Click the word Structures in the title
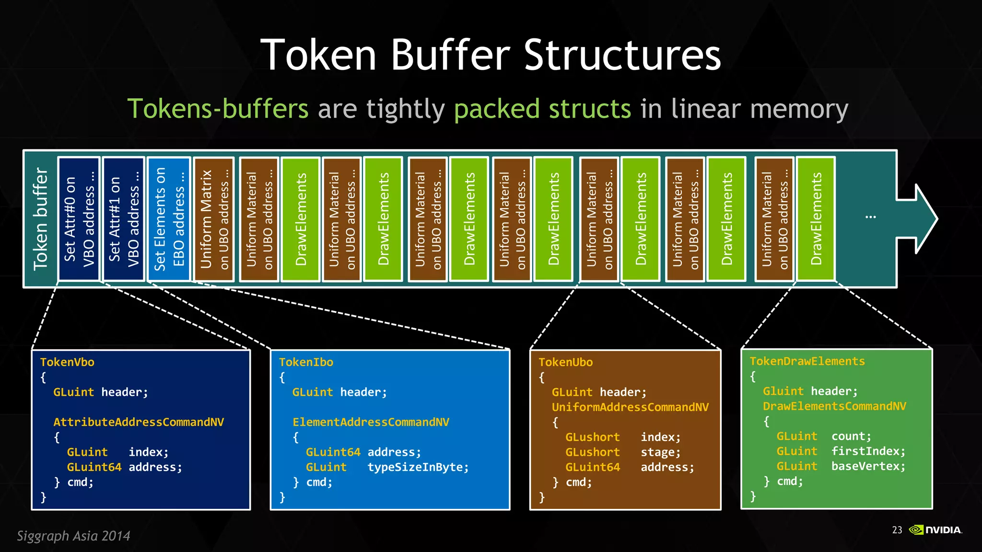(622, 55)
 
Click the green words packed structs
(542, 109)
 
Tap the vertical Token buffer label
(40, 219)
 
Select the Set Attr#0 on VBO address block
(79, 219)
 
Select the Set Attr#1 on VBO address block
(124, 219)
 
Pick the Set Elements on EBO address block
(169, 219)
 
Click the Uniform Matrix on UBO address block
(214, 219)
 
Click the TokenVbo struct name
(67, 362)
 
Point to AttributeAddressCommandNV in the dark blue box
(139, 422)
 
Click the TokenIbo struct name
(306, 362)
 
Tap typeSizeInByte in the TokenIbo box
(417, 467)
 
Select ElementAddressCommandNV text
(371, 422)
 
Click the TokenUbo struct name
(565, 362)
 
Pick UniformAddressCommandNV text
(630, 407)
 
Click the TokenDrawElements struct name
(807, 361)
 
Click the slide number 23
(897, 530)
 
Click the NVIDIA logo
(935, 530)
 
